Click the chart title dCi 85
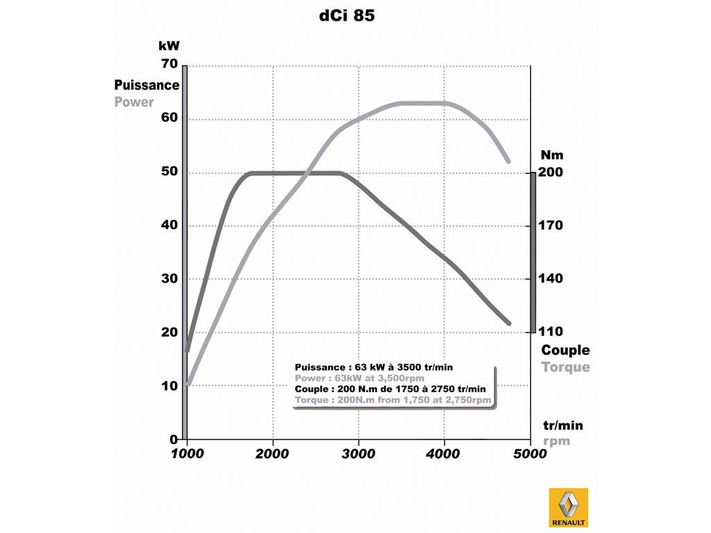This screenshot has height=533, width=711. click(346, 16)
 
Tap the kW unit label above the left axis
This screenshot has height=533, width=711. click(169, 46)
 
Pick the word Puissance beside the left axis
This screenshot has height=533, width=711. click(147, 85)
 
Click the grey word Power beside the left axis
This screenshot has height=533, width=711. click(134, 102)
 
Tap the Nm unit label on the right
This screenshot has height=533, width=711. click(552, 155)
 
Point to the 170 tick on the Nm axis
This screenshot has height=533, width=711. click(550, 226)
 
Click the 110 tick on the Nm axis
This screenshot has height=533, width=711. click(550, 332)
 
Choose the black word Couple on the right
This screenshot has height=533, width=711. click(565, 350)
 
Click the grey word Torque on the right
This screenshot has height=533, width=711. click(565, 367)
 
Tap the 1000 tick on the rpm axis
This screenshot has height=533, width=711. click(187, 454)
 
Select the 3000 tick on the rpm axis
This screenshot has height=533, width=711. click(358, 454)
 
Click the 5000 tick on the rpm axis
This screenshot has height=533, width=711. click(530, 454)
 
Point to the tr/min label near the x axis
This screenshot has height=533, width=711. click(562, 425)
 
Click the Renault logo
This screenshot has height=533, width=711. click(568, 507)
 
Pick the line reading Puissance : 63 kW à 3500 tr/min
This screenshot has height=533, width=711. click(374, 367)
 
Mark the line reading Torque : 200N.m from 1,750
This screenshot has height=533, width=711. click(393, 400)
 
